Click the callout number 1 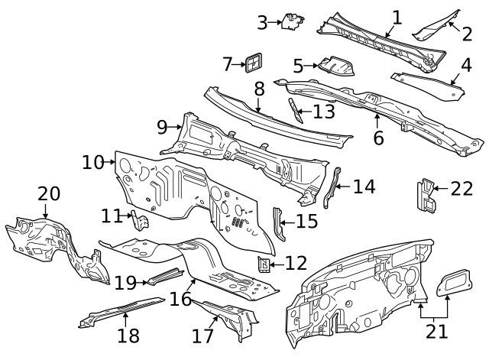(x=397, y=17)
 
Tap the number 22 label (x=461, y=189)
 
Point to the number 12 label (x=296, y=264)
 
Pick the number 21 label (x=437, y=332)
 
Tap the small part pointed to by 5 (x=335, y=66)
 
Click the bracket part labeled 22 (x=426, y=195)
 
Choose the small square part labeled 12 (x=264, y=264)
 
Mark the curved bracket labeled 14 (x=332, y=187)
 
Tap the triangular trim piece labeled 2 (x=436, y=26)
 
